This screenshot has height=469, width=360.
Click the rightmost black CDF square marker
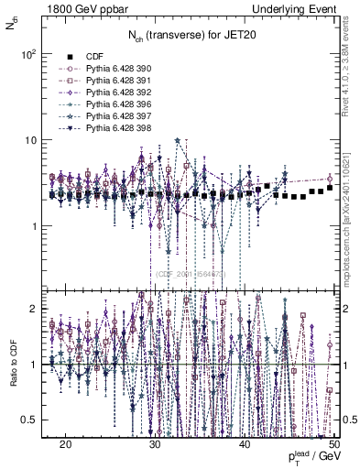pos(330,188)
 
